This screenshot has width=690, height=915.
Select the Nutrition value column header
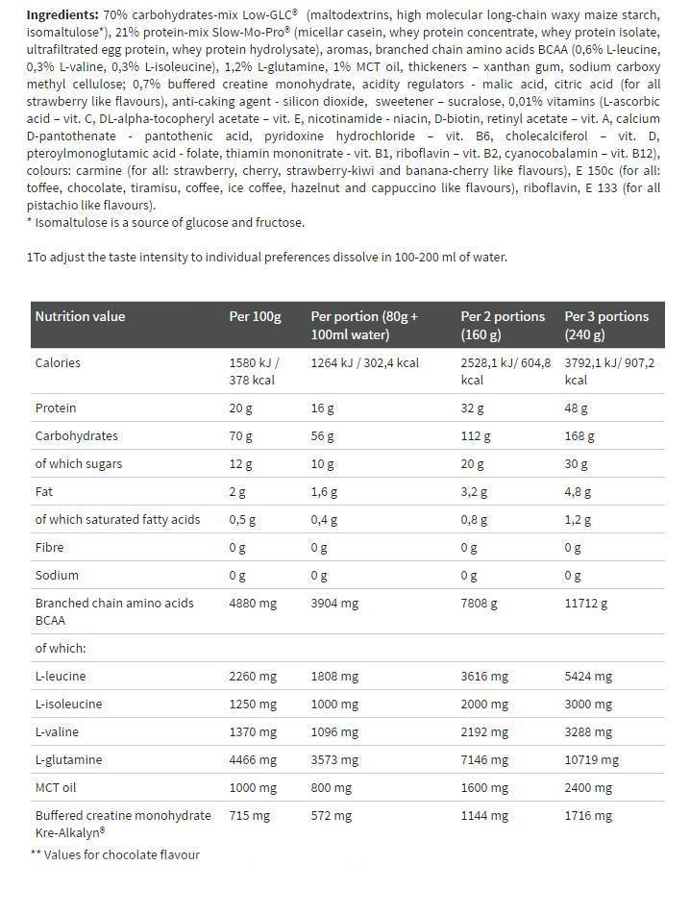point(80,316)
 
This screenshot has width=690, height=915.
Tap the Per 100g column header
point(255,316)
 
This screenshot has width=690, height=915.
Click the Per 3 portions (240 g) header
point(606,325)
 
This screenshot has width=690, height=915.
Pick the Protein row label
point(55,408)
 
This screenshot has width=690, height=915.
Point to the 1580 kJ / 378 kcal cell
point(254,371)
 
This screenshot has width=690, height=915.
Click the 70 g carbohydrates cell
point(241,435)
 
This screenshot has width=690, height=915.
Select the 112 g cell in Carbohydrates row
point(475,435)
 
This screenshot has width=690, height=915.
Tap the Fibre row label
point(49,547)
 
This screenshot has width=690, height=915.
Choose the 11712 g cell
point(586,603)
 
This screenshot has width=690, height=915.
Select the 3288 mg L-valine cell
point(588,731)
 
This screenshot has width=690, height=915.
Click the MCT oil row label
point(57,787)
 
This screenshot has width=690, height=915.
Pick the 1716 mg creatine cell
point(588,815)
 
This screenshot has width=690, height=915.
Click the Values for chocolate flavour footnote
point(115,853)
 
